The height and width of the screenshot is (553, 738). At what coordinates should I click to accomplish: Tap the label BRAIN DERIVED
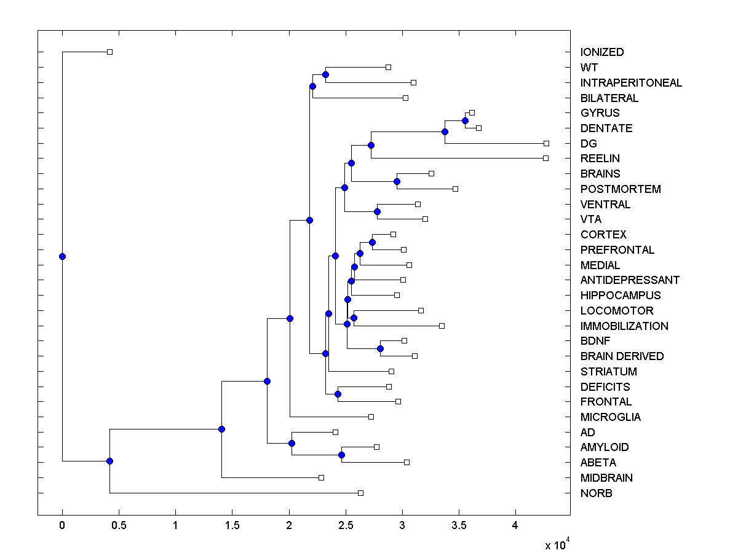pyautogui.click(x=622, y=356)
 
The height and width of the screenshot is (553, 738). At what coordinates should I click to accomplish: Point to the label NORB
pyautogui.click(x=596, y=493)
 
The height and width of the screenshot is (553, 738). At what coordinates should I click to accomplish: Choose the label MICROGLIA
pyautogui.click(x=610, y=417)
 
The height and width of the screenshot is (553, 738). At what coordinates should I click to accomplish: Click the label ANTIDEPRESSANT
pyautogui.click(x=630, y=280)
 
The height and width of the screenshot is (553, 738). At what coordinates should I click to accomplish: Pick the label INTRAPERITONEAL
pyautogui.click(x=631, y=83)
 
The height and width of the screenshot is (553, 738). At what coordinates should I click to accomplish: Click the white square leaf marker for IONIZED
pyautogui.click(x=109, y=52)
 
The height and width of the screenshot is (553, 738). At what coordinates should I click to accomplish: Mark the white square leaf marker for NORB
pyautogui.click(x=360, y=493)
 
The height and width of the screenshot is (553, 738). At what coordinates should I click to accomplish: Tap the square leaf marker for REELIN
pyautogui.click(x=546, y=158)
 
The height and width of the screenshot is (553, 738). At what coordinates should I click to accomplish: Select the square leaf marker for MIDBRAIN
pyautogui.click(x=321, y=477)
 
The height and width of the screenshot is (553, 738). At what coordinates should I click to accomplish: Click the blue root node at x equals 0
pyautogui.click(x=62, y=256)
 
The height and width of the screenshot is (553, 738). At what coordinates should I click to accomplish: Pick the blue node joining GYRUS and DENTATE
pyautogui.click(x=465, y=120)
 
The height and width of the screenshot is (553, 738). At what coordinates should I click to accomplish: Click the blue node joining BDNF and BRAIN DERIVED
pyautogui.click(x=380, y=348)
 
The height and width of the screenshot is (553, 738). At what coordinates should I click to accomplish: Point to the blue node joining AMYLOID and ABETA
pyautogui.click(x=341, y=455)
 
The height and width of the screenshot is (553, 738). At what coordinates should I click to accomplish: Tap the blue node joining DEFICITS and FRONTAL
pyautogui.click(x=338, y=394)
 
